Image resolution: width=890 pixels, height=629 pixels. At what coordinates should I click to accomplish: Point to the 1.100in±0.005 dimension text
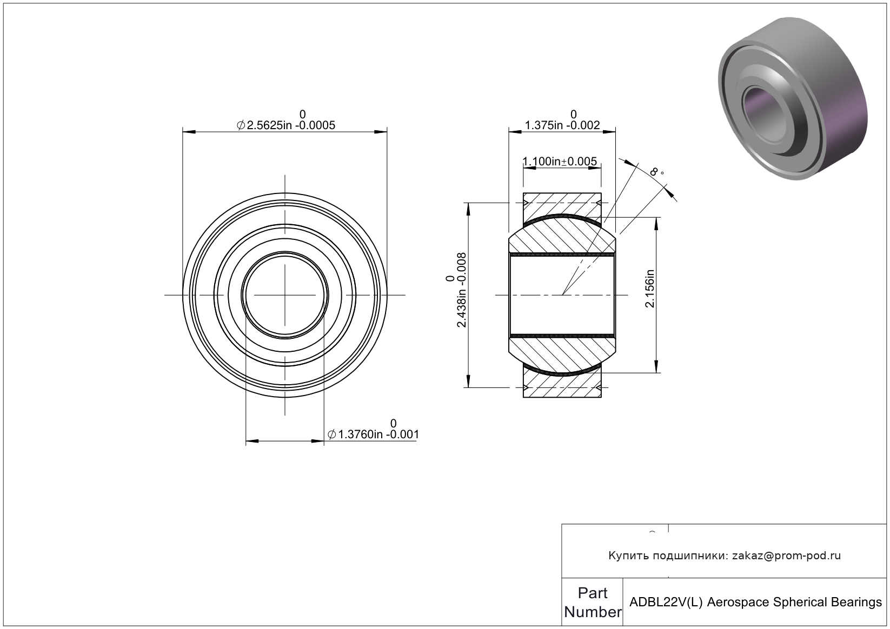click(x=560, y=161)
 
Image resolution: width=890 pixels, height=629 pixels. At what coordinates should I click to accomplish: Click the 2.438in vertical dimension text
click(x=461, y=290)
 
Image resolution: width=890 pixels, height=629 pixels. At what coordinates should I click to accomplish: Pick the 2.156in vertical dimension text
click(x=649, y=289)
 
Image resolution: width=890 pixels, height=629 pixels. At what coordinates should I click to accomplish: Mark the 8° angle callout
click(x=656, y=172)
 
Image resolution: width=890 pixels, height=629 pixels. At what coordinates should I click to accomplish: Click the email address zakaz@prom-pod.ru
click(x=786, y=556)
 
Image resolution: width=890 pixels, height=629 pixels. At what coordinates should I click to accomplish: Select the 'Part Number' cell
click(x=593, y=603)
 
